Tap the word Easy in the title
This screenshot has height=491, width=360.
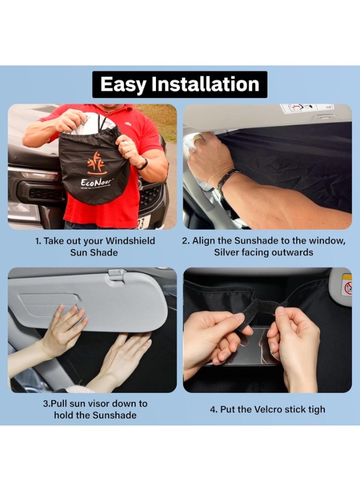coord(123,85)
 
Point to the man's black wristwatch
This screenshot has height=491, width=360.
coord(143,163)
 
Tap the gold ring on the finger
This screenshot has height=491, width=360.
coord(199,139)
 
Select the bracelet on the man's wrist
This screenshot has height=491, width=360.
coord(226,181)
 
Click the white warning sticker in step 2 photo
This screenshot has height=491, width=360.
coord(307,108)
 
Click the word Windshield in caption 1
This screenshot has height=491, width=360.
coord(129,241)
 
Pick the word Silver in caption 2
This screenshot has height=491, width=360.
coord(228,252)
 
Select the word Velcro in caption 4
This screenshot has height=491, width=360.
coord(265,409)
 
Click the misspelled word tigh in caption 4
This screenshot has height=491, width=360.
coord(315,409)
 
